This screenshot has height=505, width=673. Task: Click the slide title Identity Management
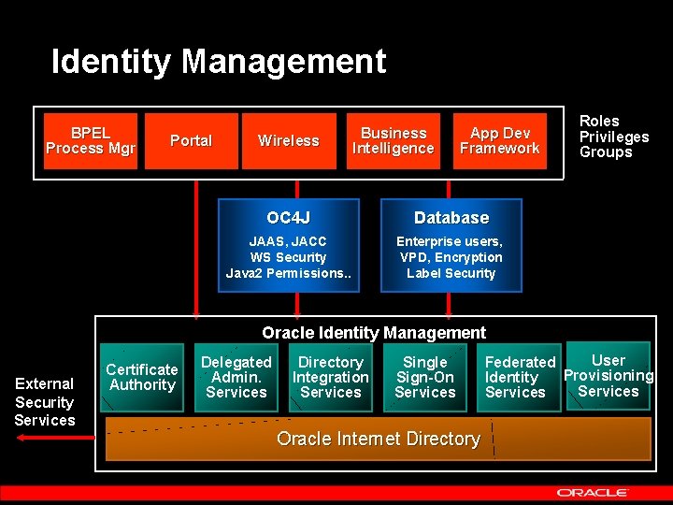pyautogui.click(x=218, y=62)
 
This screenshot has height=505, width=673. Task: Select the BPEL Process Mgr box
pyautogui.click(x=90, y=140)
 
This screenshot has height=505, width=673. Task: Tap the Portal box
pyautogui.click(x=191, y=140)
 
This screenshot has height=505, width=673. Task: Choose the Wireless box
pyautogui.click(x=288, y=140)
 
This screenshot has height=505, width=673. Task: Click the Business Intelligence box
pyautogui.click(x=393, y=140)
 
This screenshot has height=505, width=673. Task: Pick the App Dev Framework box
pyautogui.click(x=499, y=140)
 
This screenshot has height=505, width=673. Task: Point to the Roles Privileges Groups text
pyautogui.click(x=613, y=137)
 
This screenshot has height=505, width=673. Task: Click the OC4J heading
pyautogui.click(x=288, y=218)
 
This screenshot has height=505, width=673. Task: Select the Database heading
pyautogui.click(x=451, y=218)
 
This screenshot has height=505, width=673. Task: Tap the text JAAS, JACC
pyautogui.click(x=288, y=241)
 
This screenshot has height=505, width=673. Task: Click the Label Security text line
pyautogui.click(x=451, y=273)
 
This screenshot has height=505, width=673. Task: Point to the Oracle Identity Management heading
pyautogui.click(x=374, y=333)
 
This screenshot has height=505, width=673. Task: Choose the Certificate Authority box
pyautogui.click(x=142, y=377)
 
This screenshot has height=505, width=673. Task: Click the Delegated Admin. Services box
pyautogui.click(x=236, y=377)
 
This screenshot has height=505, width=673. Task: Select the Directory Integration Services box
pyautogui.click(x=331, y=377)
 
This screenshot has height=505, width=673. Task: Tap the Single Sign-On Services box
pyautogui.click(x=425, y=377)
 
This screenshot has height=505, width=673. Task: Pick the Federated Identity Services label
pyautogui.click(x=520, y=377)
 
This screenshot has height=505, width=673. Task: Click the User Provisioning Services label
pyautogui.click(x=609, y=376)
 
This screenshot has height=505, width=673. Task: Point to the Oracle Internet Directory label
pyautogui.click(x=379, y=439)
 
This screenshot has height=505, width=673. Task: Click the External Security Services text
pyautogui.click(x=44, y=402)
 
